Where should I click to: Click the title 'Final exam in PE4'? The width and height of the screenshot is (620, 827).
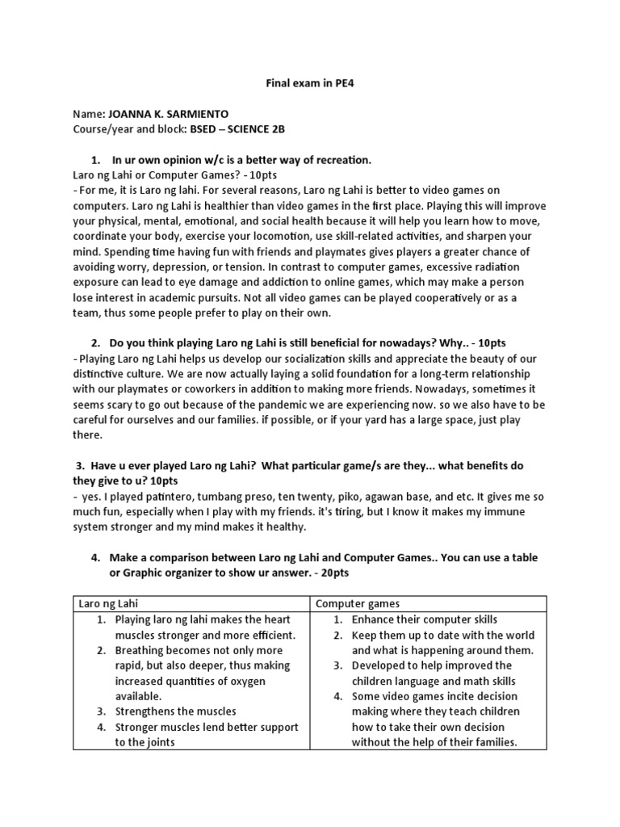(x=311, y=82)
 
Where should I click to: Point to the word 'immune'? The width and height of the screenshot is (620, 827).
(x=524, y=510)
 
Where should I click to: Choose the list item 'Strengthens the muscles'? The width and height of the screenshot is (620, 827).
(x=176, y=712)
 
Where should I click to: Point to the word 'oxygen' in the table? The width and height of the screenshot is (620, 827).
(x=266, y=681)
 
